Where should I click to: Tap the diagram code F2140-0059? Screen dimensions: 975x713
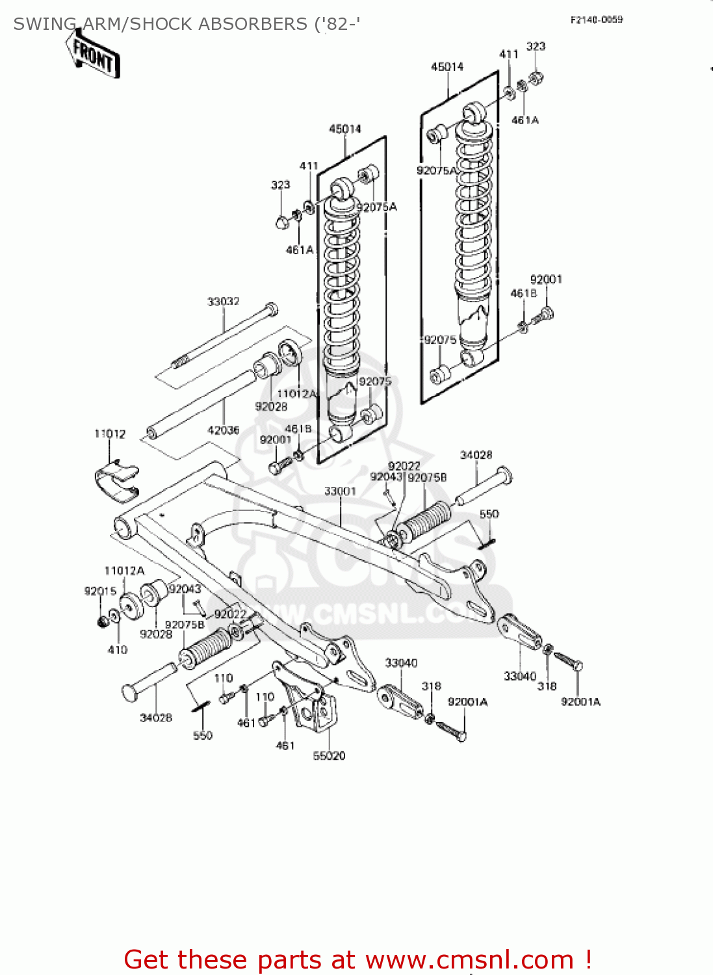[x=596, y=20]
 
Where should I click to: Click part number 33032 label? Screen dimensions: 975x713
[x=224, y=302]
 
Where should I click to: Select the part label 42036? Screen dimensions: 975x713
[x=223, y=430]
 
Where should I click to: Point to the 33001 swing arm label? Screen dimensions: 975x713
[x=340, y=491]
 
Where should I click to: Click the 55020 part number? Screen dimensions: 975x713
[x=329, y=755]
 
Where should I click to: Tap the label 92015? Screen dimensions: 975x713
[x=100, y=591]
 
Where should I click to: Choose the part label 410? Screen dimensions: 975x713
[x=118, y=649]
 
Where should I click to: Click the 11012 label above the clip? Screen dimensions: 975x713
[x=110, y=434]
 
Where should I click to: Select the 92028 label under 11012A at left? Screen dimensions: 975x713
[x=156, y=634]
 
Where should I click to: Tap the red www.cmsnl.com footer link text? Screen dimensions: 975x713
[x=469, y=960]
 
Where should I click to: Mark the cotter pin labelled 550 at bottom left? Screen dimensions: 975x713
[x=200, y=707]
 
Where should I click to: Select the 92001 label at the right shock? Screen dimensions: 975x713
[x=546, y=279]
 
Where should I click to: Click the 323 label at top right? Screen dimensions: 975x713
[x=536, y=46]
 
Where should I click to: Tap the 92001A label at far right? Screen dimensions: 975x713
[x=580, y=702]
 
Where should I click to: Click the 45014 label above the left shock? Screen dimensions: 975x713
[x=344, y=129]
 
